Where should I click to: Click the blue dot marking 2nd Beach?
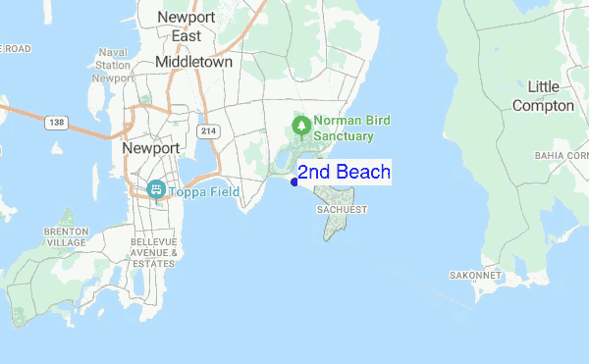[x=294, y=182]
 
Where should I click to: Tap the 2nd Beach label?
[x=344, y=173]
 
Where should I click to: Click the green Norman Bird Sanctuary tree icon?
[x=300, y=126]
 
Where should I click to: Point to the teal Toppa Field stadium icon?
[x=155, y=189]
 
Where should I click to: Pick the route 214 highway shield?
[x=207, y=130]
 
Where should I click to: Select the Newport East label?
[x=185, y=26]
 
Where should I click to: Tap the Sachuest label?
[x=342, y=210]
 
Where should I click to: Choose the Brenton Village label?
[x=67, y=236]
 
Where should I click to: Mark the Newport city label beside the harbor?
[x=151, y=148]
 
